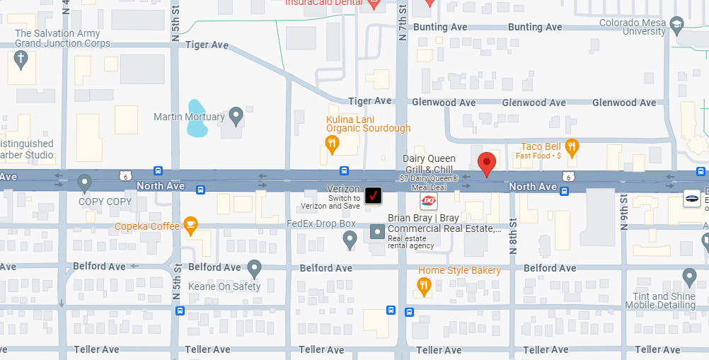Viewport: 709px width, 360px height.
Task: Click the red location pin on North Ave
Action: pyautogui.click(x=486, y=163)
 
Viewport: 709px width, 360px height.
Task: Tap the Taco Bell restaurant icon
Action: pyautogui.click(x=572, y=147)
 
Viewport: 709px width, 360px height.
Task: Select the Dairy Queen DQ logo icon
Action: pyautogui.click(x=429, y=202)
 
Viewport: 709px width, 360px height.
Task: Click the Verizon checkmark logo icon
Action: pyautogui.click(x=373, y=195)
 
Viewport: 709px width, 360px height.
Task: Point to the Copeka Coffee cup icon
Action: pyautogui.click(x=190, y=225)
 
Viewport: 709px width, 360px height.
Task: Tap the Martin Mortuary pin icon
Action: pyautogui.click(x=236, y=114)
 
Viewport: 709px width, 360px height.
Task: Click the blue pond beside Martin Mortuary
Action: pyautogui.click(x=197, y=120)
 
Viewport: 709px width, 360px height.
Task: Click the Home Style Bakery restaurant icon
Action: pyautogui.click(x=424, y=286)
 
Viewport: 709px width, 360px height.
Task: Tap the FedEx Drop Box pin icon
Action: pyautogui.click(x=349, y=240)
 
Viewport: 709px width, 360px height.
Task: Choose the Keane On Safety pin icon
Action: pyautogui.click(x=254, y=268)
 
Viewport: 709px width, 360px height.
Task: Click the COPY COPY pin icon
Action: pyautogui.click(x=85, y=183)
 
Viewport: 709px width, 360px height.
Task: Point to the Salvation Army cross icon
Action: pyautogui.click(x=21, y=60)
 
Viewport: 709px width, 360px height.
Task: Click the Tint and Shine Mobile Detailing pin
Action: pyautogui.click(x=689, y=277)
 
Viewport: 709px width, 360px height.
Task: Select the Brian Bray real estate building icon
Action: pyautogui.click(x=378, y=231)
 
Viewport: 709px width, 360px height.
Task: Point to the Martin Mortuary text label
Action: pyautogui.click(x=189, y=116)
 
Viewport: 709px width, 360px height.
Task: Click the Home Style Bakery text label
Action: pyautogui.click(x=459, y=270)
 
